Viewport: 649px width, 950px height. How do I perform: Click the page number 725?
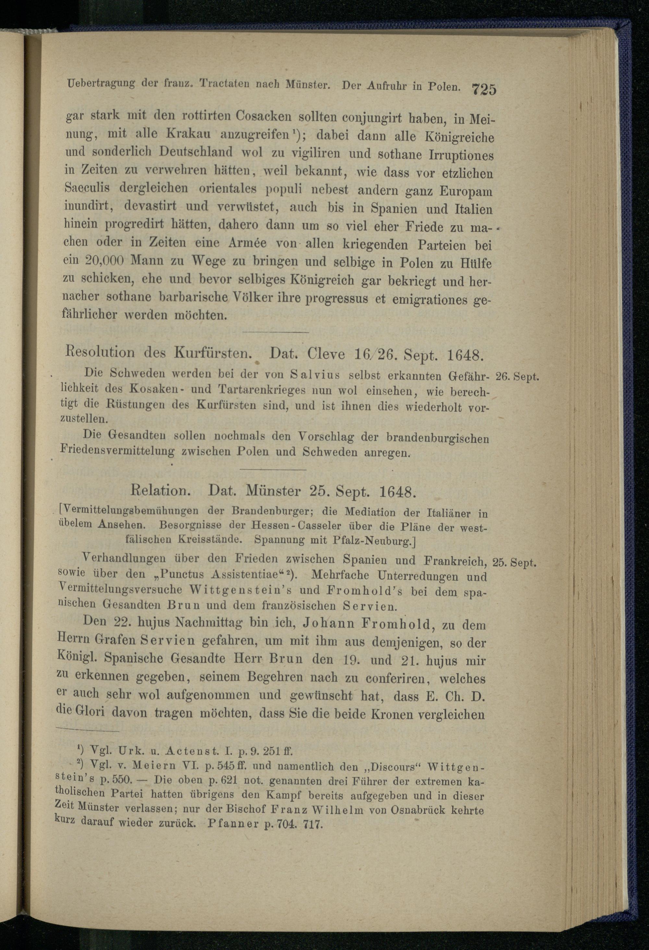pyautogui.click(x=484, y=89)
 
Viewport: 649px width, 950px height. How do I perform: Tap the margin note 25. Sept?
pyautogui.click(x=514, y=563)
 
